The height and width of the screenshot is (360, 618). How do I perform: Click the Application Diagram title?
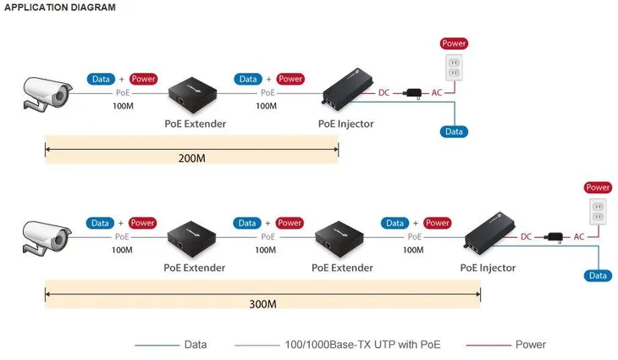[x=60, y=8]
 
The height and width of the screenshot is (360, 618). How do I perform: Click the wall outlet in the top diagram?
[x=454, y=69]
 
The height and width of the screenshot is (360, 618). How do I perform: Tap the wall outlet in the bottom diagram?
[x=598, y=212]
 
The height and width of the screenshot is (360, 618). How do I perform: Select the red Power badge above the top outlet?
[x=454, y=43]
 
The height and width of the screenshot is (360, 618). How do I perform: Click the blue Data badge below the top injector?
[x=455, y=132]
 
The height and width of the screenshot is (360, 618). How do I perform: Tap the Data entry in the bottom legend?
[x=195, y=345]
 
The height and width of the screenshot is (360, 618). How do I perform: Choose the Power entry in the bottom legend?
[x=531, y=345]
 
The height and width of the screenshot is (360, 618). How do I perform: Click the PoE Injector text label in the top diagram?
[x=345, y=124]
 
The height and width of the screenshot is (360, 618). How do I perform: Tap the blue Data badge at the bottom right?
[x=599, y=275]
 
